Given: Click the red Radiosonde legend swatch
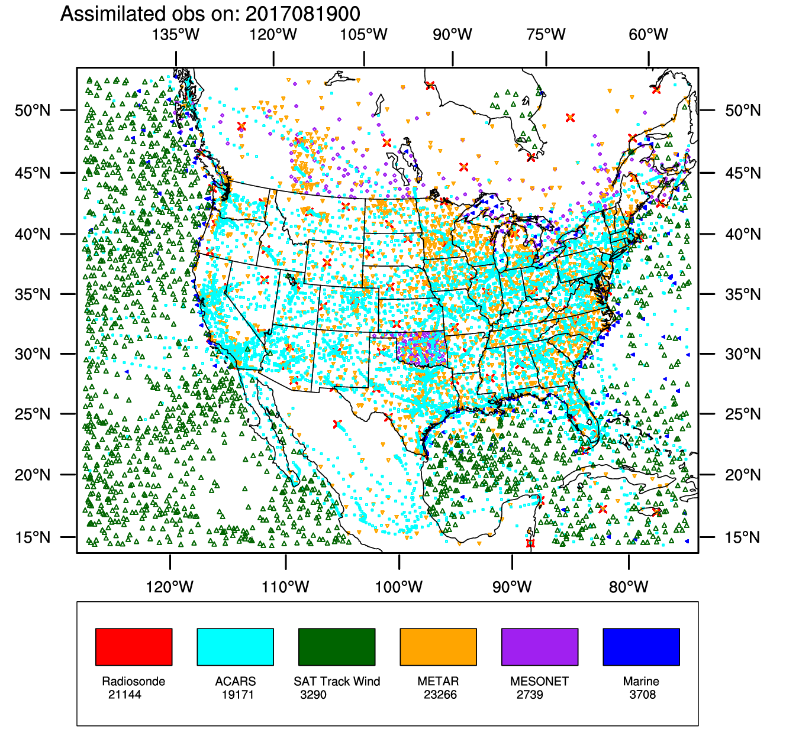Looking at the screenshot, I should click(x=134, y=647).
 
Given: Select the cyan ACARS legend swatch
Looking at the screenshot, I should click(x=235, y=647).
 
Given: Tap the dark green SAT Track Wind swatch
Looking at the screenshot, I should click(x=337, y=647).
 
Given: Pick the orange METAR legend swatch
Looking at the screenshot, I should click(x=438, y=647).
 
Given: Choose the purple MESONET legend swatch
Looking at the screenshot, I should click(x=540, y=647).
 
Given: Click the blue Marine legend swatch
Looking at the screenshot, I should click(x=641, y=647).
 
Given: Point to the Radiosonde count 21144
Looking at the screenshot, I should click(x=125, y=695).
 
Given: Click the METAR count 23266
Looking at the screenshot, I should click(x=440, y=695).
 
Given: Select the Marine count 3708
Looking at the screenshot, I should click(x=643, y=695).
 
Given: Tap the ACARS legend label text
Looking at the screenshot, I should click(x=236, y=681).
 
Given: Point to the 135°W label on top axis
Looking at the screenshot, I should click(x=176, y=35).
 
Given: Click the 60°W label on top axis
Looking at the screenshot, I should click(x=649, y=35).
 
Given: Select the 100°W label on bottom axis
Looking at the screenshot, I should click(x=399, y=587).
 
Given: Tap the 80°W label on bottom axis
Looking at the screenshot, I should click(x=629, y=587).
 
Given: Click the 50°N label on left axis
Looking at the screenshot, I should click(x=33, y=111).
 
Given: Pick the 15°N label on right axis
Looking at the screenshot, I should click(x=743, y=537).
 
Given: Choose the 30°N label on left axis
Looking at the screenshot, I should click(x=33, y=354).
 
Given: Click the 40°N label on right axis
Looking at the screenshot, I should click(x=743, y=235).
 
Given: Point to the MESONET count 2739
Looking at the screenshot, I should click(x=530, y=695).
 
